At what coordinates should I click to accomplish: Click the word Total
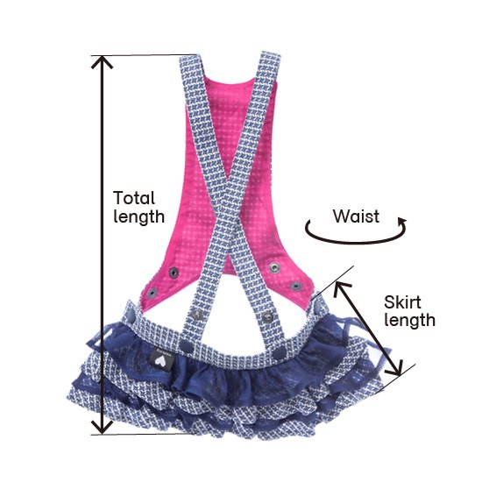(x=134, y=198)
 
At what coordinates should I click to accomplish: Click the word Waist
(x=357, y=216)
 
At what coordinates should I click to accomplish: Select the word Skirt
(x=402, y=302)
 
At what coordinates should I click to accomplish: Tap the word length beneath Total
(x=139, y=216)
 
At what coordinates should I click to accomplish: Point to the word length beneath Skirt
(x=410, y=320)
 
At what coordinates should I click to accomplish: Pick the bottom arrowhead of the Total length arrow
(x=102, y=429)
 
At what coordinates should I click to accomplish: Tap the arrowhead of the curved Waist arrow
(x=401, y=222)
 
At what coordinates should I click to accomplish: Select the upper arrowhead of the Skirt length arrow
(x=340, y=288)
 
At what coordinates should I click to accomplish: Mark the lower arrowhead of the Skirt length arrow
(x=396, y=369)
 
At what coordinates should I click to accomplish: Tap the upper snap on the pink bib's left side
(x=174, y=272)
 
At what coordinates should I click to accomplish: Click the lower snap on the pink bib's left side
(x=152, y=294)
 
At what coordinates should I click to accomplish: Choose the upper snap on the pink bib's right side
(x=273, y=267)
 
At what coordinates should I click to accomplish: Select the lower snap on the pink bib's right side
(x=295, y=287)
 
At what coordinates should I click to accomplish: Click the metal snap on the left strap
(x=196, y=314)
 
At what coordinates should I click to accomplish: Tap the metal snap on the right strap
(x=268, y=316)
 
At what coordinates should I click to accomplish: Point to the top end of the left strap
(x=189, y=58)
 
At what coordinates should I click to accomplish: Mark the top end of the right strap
(x=271, y=54)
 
